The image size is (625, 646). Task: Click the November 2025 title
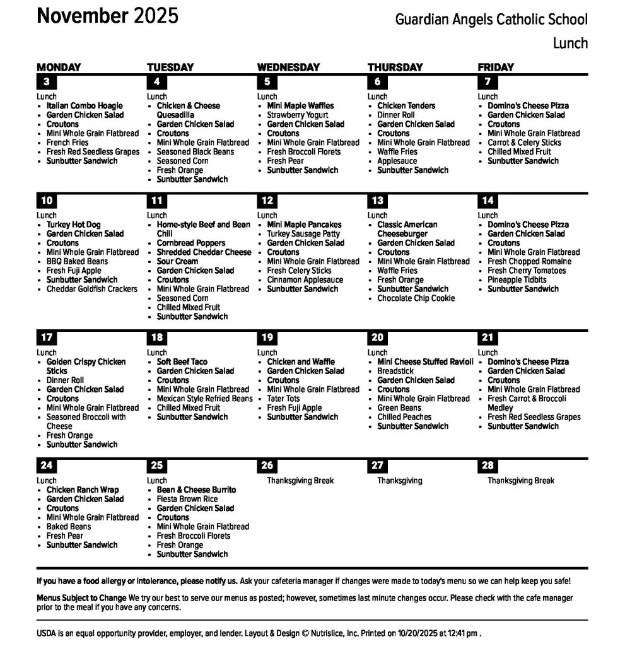107,16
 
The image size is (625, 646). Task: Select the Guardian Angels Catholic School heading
491,20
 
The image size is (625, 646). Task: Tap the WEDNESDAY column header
288,67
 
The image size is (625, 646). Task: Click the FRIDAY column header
496,67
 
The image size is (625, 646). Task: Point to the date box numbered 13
377,201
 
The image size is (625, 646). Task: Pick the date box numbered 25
156,466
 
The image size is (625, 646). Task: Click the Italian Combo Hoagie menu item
85,106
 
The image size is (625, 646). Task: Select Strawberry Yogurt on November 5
297,115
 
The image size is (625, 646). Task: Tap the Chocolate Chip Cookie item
416,298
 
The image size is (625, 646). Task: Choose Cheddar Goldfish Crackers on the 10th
91,289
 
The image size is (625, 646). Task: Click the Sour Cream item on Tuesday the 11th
177,261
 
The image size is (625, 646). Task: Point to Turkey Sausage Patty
303,234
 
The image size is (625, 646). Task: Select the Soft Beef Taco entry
182,362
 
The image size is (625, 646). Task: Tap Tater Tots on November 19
283,399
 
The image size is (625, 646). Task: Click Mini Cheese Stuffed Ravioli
425,362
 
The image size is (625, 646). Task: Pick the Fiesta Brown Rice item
187,499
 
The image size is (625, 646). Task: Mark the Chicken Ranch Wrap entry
82,490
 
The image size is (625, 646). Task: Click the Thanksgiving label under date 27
400,481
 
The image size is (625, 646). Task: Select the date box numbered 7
488,81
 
